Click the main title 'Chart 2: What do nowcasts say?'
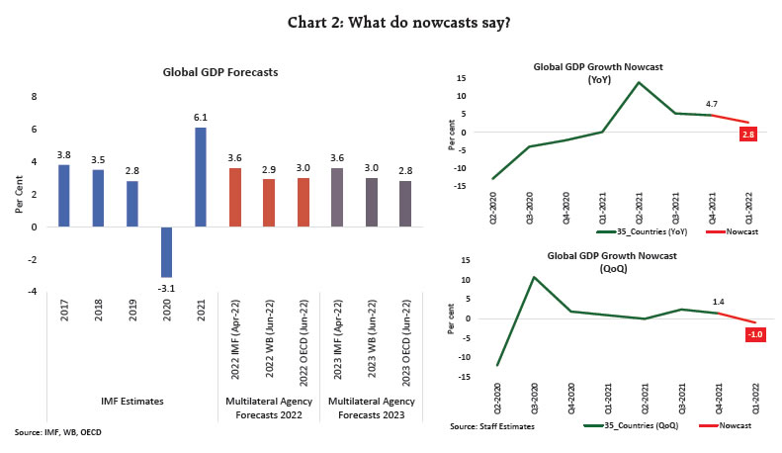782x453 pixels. point(391,22)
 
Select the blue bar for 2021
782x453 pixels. point(201,177)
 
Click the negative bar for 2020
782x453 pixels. point(166,251)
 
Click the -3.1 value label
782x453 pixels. point(166,286)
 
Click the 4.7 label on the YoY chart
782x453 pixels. point(711,103)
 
